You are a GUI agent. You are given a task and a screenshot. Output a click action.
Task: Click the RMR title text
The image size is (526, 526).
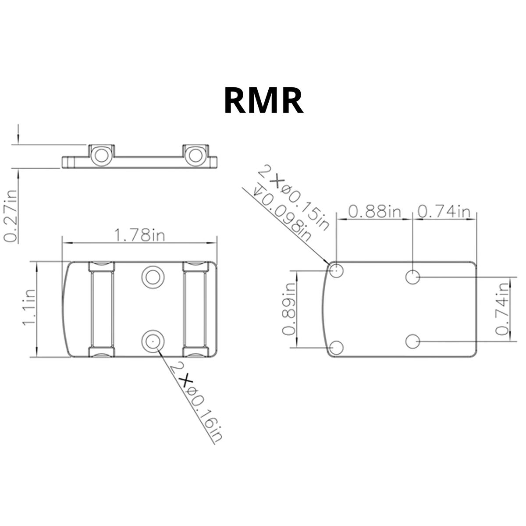[x=263, y=101]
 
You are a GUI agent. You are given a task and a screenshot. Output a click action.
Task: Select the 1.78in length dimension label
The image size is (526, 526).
[x=140, y=235]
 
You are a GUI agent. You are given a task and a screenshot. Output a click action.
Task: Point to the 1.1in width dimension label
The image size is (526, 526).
[x=29, y=307]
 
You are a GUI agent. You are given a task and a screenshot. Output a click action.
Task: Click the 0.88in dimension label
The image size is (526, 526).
[x=374, y=212]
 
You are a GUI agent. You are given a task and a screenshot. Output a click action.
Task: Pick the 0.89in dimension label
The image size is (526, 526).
[x=289, y=309]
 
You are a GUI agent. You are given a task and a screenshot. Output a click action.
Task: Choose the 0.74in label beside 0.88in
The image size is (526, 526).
[x=444, y=212]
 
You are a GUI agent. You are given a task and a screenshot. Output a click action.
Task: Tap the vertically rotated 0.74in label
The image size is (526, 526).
[x=502, y=309]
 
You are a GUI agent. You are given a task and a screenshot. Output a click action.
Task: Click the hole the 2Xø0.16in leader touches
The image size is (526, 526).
[x=153, y=341]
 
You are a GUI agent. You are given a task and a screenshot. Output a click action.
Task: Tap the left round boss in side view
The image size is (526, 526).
[x=101, y=156]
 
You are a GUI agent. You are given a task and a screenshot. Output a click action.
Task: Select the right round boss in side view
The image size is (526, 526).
[x=195, y=156]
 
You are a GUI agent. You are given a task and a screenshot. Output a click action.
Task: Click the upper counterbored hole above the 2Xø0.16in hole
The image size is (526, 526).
[x=153, y=277]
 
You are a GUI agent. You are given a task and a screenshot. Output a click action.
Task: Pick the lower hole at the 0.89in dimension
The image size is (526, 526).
[x=336, y=348]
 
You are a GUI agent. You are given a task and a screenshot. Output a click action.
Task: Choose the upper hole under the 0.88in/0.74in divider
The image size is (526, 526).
[x=412, y=277]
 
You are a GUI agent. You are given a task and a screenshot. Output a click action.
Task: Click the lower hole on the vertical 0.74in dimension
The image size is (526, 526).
[x=412, y=341]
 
